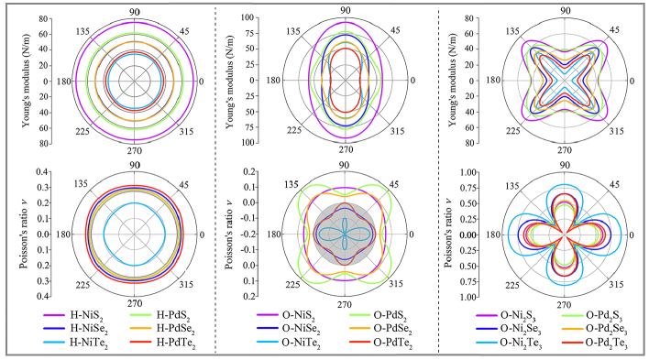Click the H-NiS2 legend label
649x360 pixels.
(x=86, y=316)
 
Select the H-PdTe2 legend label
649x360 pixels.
(x=175, y=343)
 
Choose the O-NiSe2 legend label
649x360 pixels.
(x=301, y=330)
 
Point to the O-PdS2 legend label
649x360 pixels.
(x=390, y=316)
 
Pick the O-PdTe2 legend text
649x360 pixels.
(x=393, y=343)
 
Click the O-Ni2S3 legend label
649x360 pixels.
(x=518, y=316)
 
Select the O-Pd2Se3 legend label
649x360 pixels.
(x=606, y=330)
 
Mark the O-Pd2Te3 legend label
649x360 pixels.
(x=606, y=344)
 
